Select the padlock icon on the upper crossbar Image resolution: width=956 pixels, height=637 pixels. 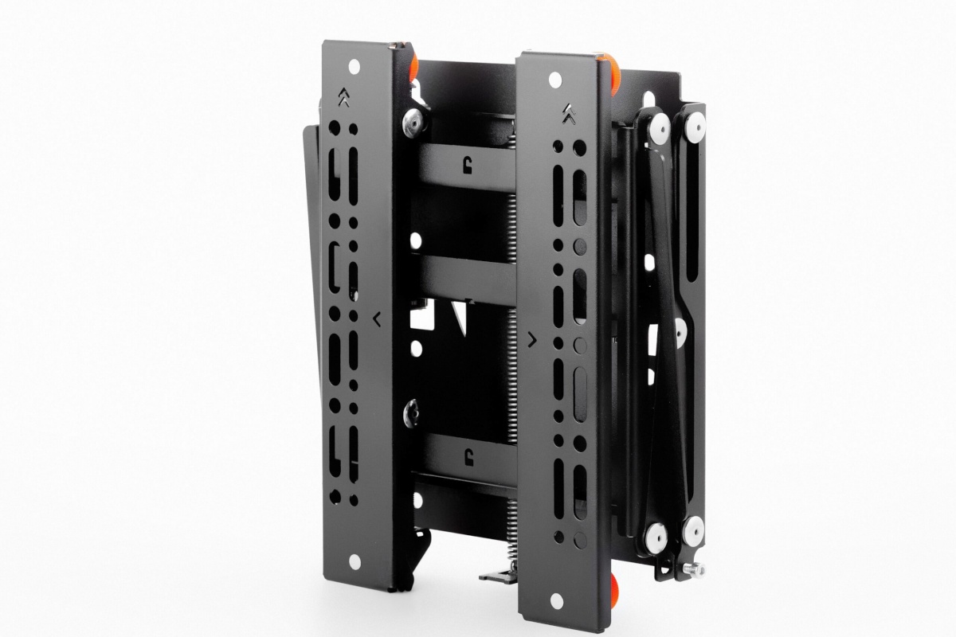pos(466,166)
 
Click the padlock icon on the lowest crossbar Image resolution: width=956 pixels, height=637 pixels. pos(466,455)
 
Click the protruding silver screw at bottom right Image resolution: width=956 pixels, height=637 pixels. pos(692,569)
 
